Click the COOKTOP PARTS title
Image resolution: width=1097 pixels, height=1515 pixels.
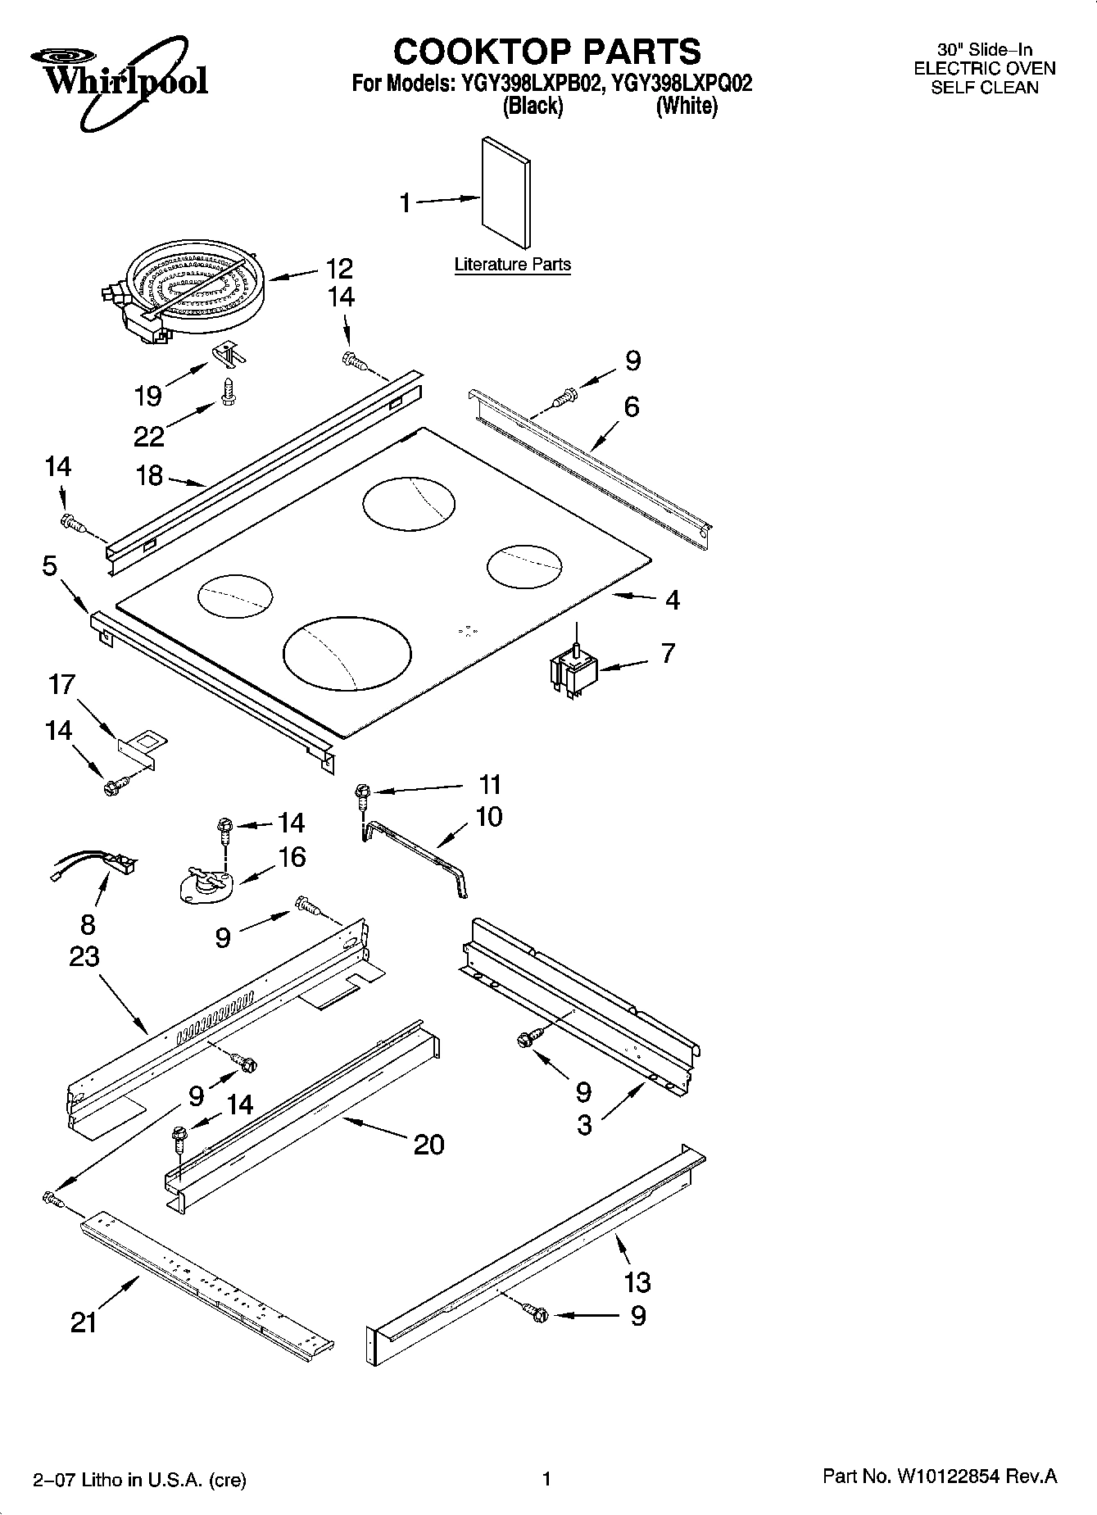coord(546,51)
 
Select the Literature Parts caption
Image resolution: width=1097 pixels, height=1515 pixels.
coord(512,265)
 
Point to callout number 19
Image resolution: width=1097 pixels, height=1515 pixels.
coord(148,396)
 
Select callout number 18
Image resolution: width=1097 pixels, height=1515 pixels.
coord(149,475)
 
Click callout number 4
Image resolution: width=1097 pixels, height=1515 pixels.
coord(672,600)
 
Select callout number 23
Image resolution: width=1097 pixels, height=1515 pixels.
coord(84,956)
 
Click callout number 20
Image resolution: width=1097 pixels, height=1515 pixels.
coord(428,1144)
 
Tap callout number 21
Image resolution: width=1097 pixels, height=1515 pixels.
coord(84,1322)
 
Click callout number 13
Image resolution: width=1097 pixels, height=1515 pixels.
coord(637,1281)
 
